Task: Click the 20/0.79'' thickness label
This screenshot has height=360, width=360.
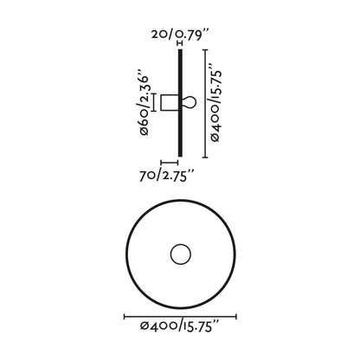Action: tap(179, 34)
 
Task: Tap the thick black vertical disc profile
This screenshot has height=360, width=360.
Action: tap(180, 103)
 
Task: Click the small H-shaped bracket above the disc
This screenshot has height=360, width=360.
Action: tap(180, 43)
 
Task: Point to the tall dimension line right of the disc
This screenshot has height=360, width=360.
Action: tap(204, 103)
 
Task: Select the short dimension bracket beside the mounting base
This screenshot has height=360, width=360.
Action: tap(153, 102)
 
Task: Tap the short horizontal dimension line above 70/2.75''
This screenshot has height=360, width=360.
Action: tap(170, 162)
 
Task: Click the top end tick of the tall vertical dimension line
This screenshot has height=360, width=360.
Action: tap(204, 49)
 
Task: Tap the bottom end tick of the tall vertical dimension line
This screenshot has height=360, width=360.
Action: tap(204, 157)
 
